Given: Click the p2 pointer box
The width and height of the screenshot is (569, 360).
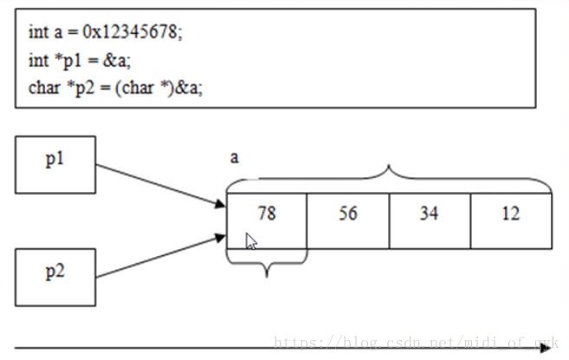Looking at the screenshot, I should point(55,276).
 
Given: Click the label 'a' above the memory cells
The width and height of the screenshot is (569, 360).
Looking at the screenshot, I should point(234,157).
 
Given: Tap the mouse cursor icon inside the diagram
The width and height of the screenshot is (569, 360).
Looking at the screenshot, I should point(251,241).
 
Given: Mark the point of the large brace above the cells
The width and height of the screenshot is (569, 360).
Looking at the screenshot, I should point(389,168).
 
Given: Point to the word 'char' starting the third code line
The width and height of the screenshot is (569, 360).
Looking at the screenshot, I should point(42,87).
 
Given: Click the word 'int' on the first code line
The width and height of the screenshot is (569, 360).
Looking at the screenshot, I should point(37,34).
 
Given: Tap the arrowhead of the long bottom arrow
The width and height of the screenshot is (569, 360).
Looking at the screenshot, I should point(546,347).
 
